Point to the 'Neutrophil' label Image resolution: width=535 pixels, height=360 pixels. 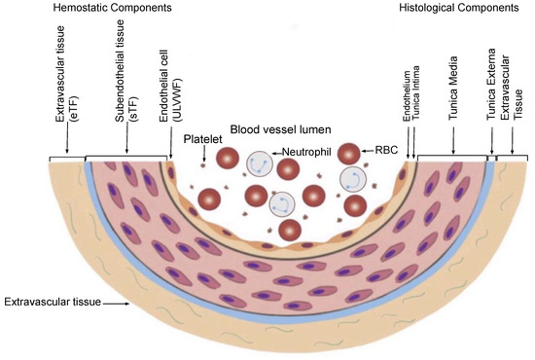click(x=303, y=153)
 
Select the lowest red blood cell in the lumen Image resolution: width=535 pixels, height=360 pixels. click(x=289, y=231)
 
